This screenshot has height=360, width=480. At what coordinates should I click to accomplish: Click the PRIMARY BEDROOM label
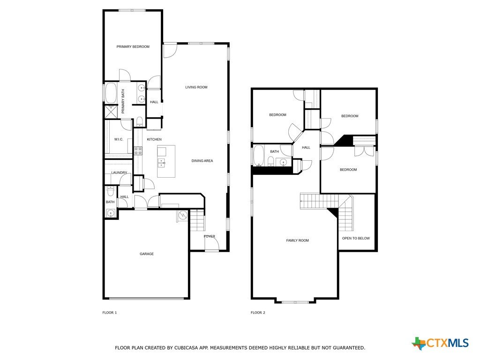coord(133,46)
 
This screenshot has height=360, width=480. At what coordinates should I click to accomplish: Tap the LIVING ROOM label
coord(196,87)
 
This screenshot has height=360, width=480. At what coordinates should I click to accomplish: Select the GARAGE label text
coord(147,254)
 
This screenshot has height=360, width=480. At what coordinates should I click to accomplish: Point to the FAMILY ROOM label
coord(297,240)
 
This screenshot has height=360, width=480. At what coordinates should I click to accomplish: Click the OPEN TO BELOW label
coord(356,238)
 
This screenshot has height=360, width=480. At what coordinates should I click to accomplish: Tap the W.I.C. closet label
coord(119,139)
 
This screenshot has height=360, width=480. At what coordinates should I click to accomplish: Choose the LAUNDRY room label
coord(119,172)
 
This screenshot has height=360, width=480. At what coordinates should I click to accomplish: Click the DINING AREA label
coord(202,161)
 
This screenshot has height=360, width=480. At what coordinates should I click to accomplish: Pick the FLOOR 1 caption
coord(110,313)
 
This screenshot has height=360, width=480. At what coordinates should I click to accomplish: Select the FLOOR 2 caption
coord(258,313)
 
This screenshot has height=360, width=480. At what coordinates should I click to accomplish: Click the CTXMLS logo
coord(440,343)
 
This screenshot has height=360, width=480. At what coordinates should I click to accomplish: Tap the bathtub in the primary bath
coord(111,93)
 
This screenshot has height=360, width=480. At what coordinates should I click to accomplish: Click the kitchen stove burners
coord(138,150)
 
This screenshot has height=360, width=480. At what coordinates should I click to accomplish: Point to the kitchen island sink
coord(161,163)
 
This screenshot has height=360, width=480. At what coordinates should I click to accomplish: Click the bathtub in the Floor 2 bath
coord(259,156)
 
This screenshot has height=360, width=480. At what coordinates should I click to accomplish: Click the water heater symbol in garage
coord(183,215)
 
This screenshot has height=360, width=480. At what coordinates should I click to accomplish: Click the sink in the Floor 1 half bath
coord(110,213)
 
